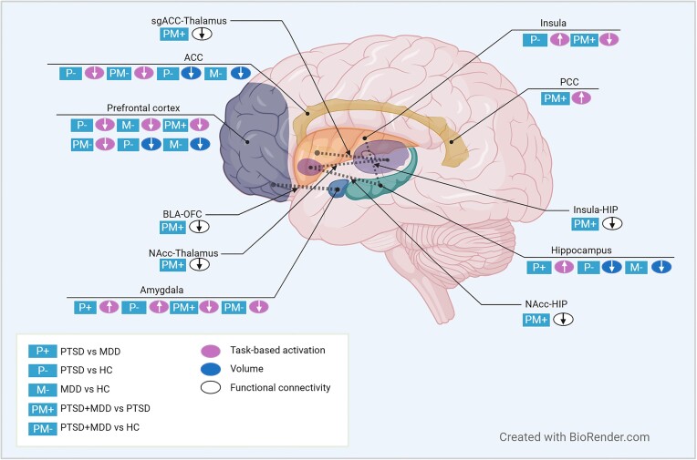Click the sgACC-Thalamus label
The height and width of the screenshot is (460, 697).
pos(190,18)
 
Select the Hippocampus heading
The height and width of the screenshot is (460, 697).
pos(599,249)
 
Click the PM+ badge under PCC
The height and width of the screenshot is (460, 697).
pos(555,97)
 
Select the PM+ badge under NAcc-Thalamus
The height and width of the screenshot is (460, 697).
pos(172,264)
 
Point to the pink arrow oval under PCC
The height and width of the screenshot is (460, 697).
pos(582,97)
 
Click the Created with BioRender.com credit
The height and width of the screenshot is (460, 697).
pos(574,437)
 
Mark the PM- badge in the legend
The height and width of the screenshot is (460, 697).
pos(43,426)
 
